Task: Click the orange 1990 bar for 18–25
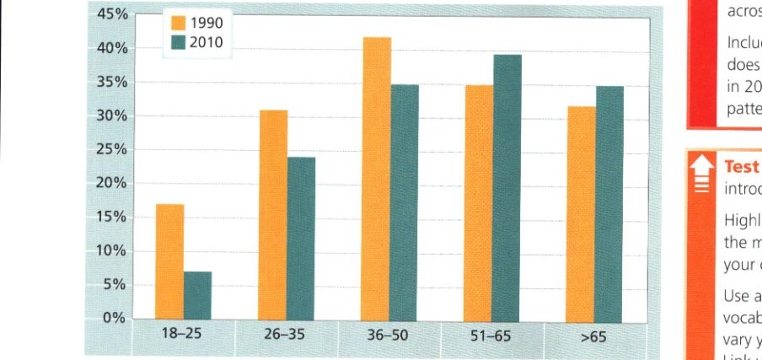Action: tap(169, 263)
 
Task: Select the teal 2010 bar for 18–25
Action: tap(197, 296)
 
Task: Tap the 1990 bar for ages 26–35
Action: tap(273, 216)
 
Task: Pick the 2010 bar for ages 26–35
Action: tap(301, 239)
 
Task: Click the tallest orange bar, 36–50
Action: tap(377, 180)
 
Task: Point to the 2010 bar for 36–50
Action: tap(405, 203)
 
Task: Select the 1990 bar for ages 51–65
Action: tap(480, 203)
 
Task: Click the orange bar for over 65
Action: tap(581, 214)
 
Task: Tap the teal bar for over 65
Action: tap(609, 204)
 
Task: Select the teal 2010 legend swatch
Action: tap(178, 42)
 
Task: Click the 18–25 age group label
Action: tap(181, 335)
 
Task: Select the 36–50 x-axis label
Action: tap(388, 335)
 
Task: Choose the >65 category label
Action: tap(593, 336)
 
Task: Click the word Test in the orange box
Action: tap(740, 166)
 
